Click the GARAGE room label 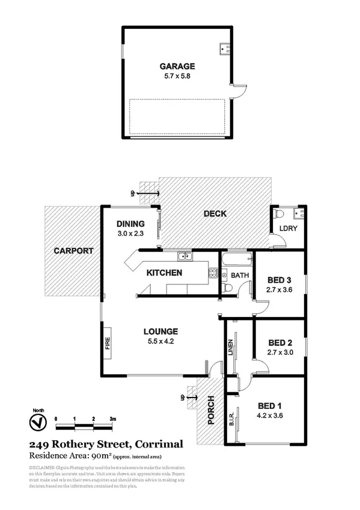(177, 66)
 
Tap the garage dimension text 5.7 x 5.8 (177, 77)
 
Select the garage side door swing (239, 91)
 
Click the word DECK (215, 214)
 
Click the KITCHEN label (165, 272)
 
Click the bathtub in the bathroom (236, 260)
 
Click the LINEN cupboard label (230, 347)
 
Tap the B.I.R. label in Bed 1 (231, 417)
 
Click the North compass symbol (37, 423)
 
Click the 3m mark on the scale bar (112, 417)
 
